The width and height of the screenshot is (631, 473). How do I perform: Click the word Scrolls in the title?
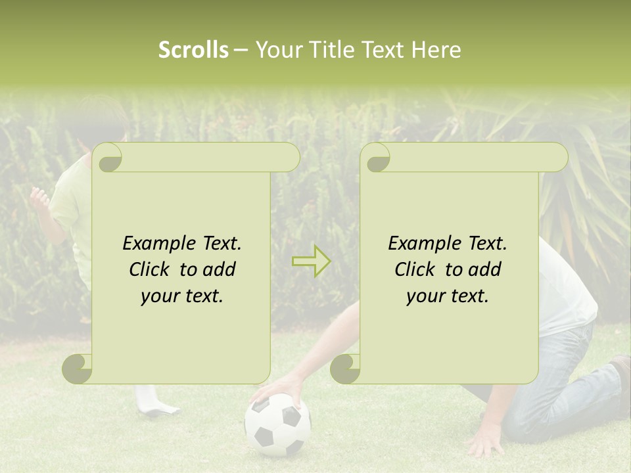tap(193, 50)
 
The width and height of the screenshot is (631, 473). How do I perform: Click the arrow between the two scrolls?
tap(311, 261)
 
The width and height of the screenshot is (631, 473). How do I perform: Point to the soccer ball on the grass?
tap(277, 424)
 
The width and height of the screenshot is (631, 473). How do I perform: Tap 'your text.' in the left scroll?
tap(182, 296)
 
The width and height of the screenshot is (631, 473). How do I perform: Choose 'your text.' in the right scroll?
tap(448, 296)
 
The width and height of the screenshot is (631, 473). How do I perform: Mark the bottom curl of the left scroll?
tap(78, 369)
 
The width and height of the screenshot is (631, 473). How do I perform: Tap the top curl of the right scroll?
tap(377, 158)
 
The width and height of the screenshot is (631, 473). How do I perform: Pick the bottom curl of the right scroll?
tap(345, 369)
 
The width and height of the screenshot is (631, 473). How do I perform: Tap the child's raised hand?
tap(39, 197)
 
